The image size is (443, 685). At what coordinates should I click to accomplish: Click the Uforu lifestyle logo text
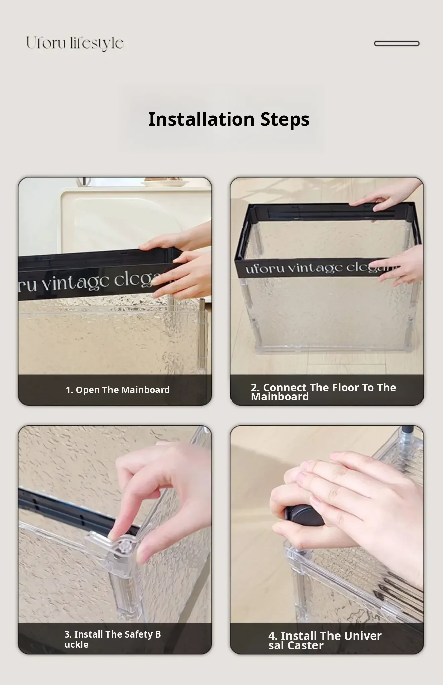(75, 43)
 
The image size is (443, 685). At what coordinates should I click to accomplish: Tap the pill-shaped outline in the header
(396, 44)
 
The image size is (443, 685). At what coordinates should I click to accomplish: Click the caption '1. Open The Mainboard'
(118, 390)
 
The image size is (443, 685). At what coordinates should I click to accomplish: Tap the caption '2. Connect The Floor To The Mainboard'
(323, 392)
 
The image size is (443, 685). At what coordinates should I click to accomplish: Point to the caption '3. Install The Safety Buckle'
(113, 639)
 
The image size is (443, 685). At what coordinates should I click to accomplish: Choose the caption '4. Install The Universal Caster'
(325, 641)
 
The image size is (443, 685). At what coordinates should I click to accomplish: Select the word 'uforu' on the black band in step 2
(265, 268)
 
